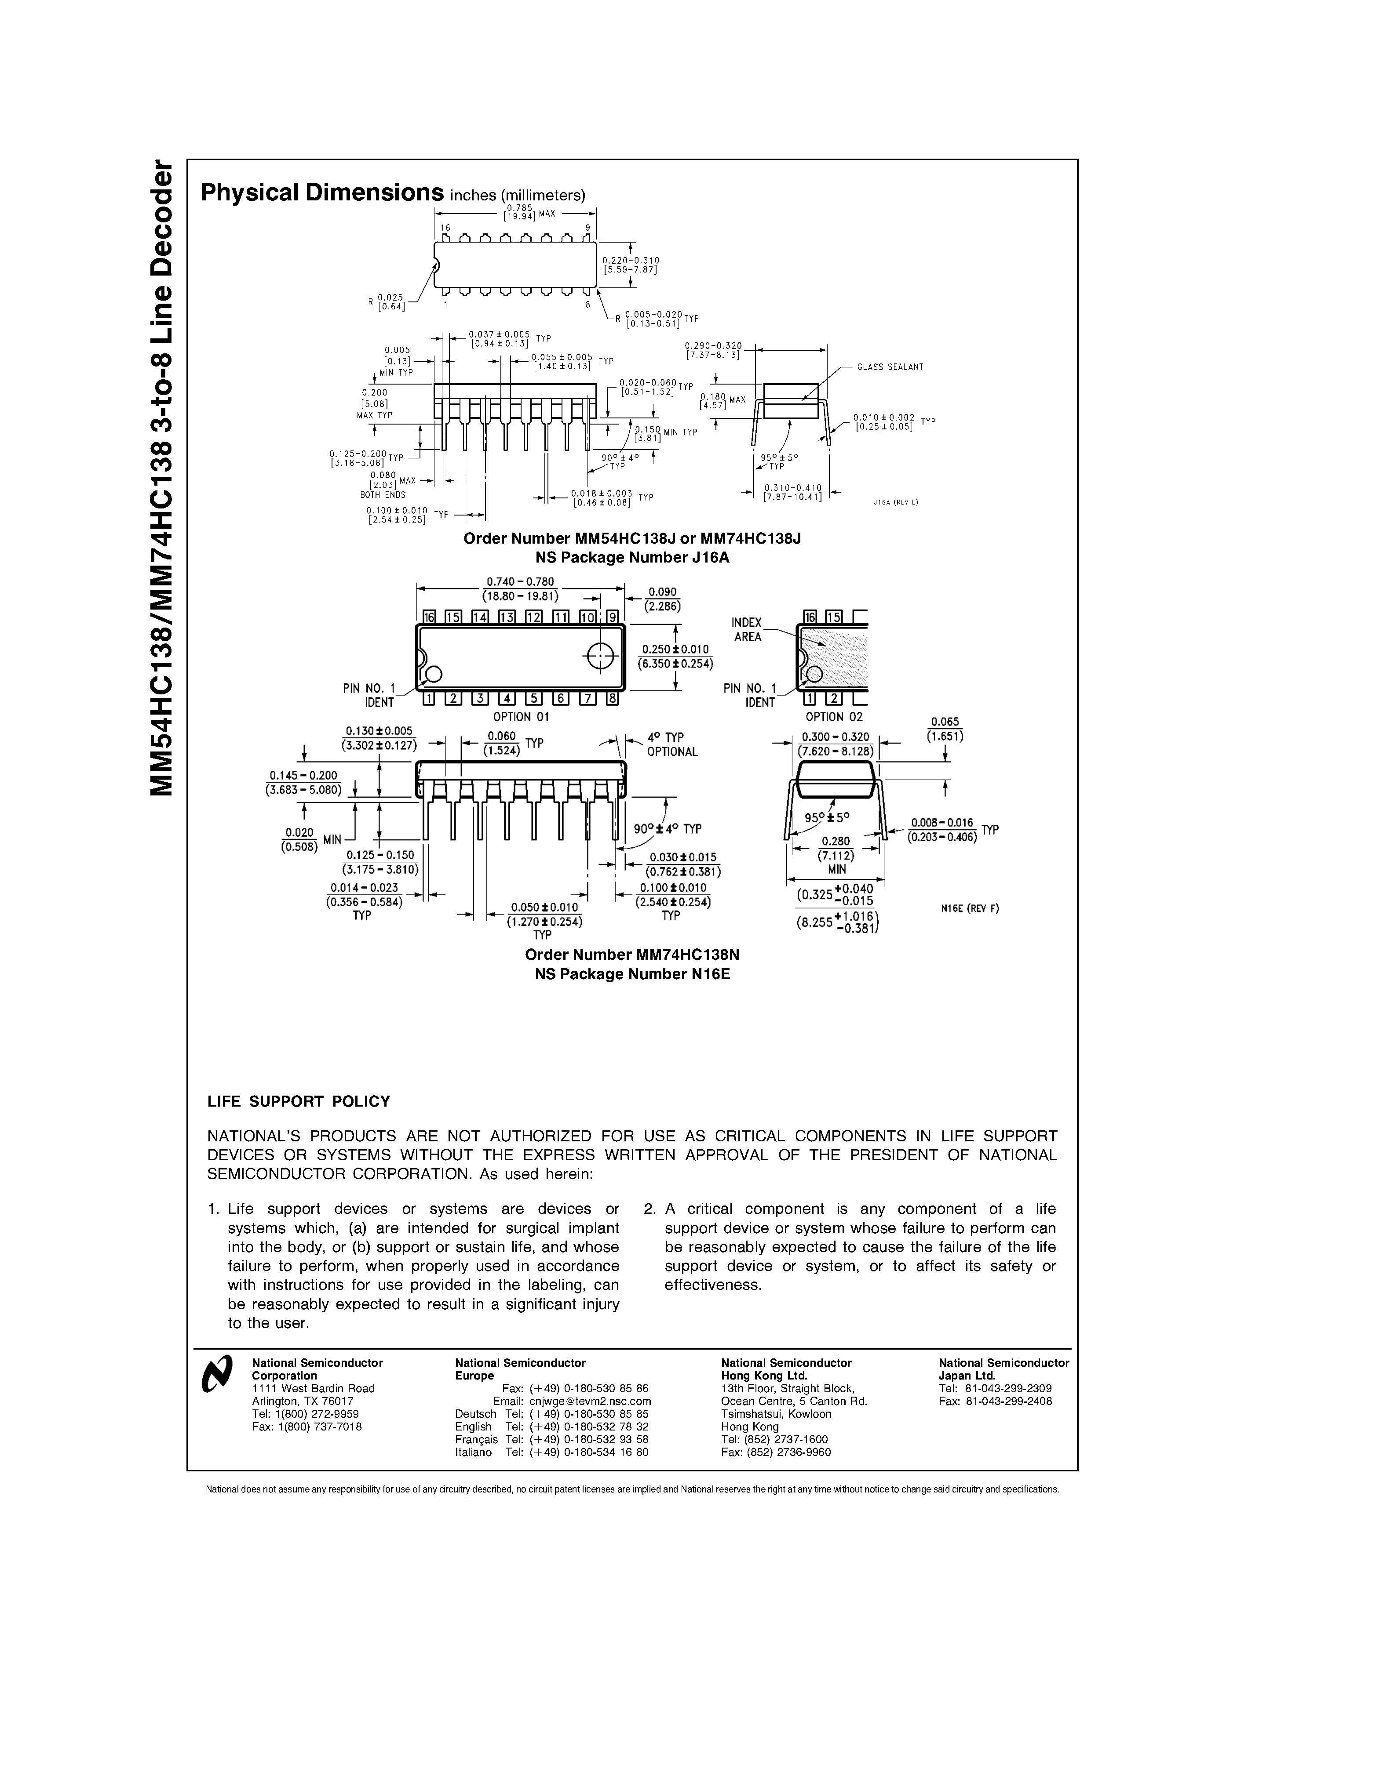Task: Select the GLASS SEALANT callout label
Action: [x=890, y=367]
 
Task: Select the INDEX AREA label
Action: [x=747, y=630]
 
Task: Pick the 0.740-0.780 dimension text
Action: [x=520, y=581]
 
